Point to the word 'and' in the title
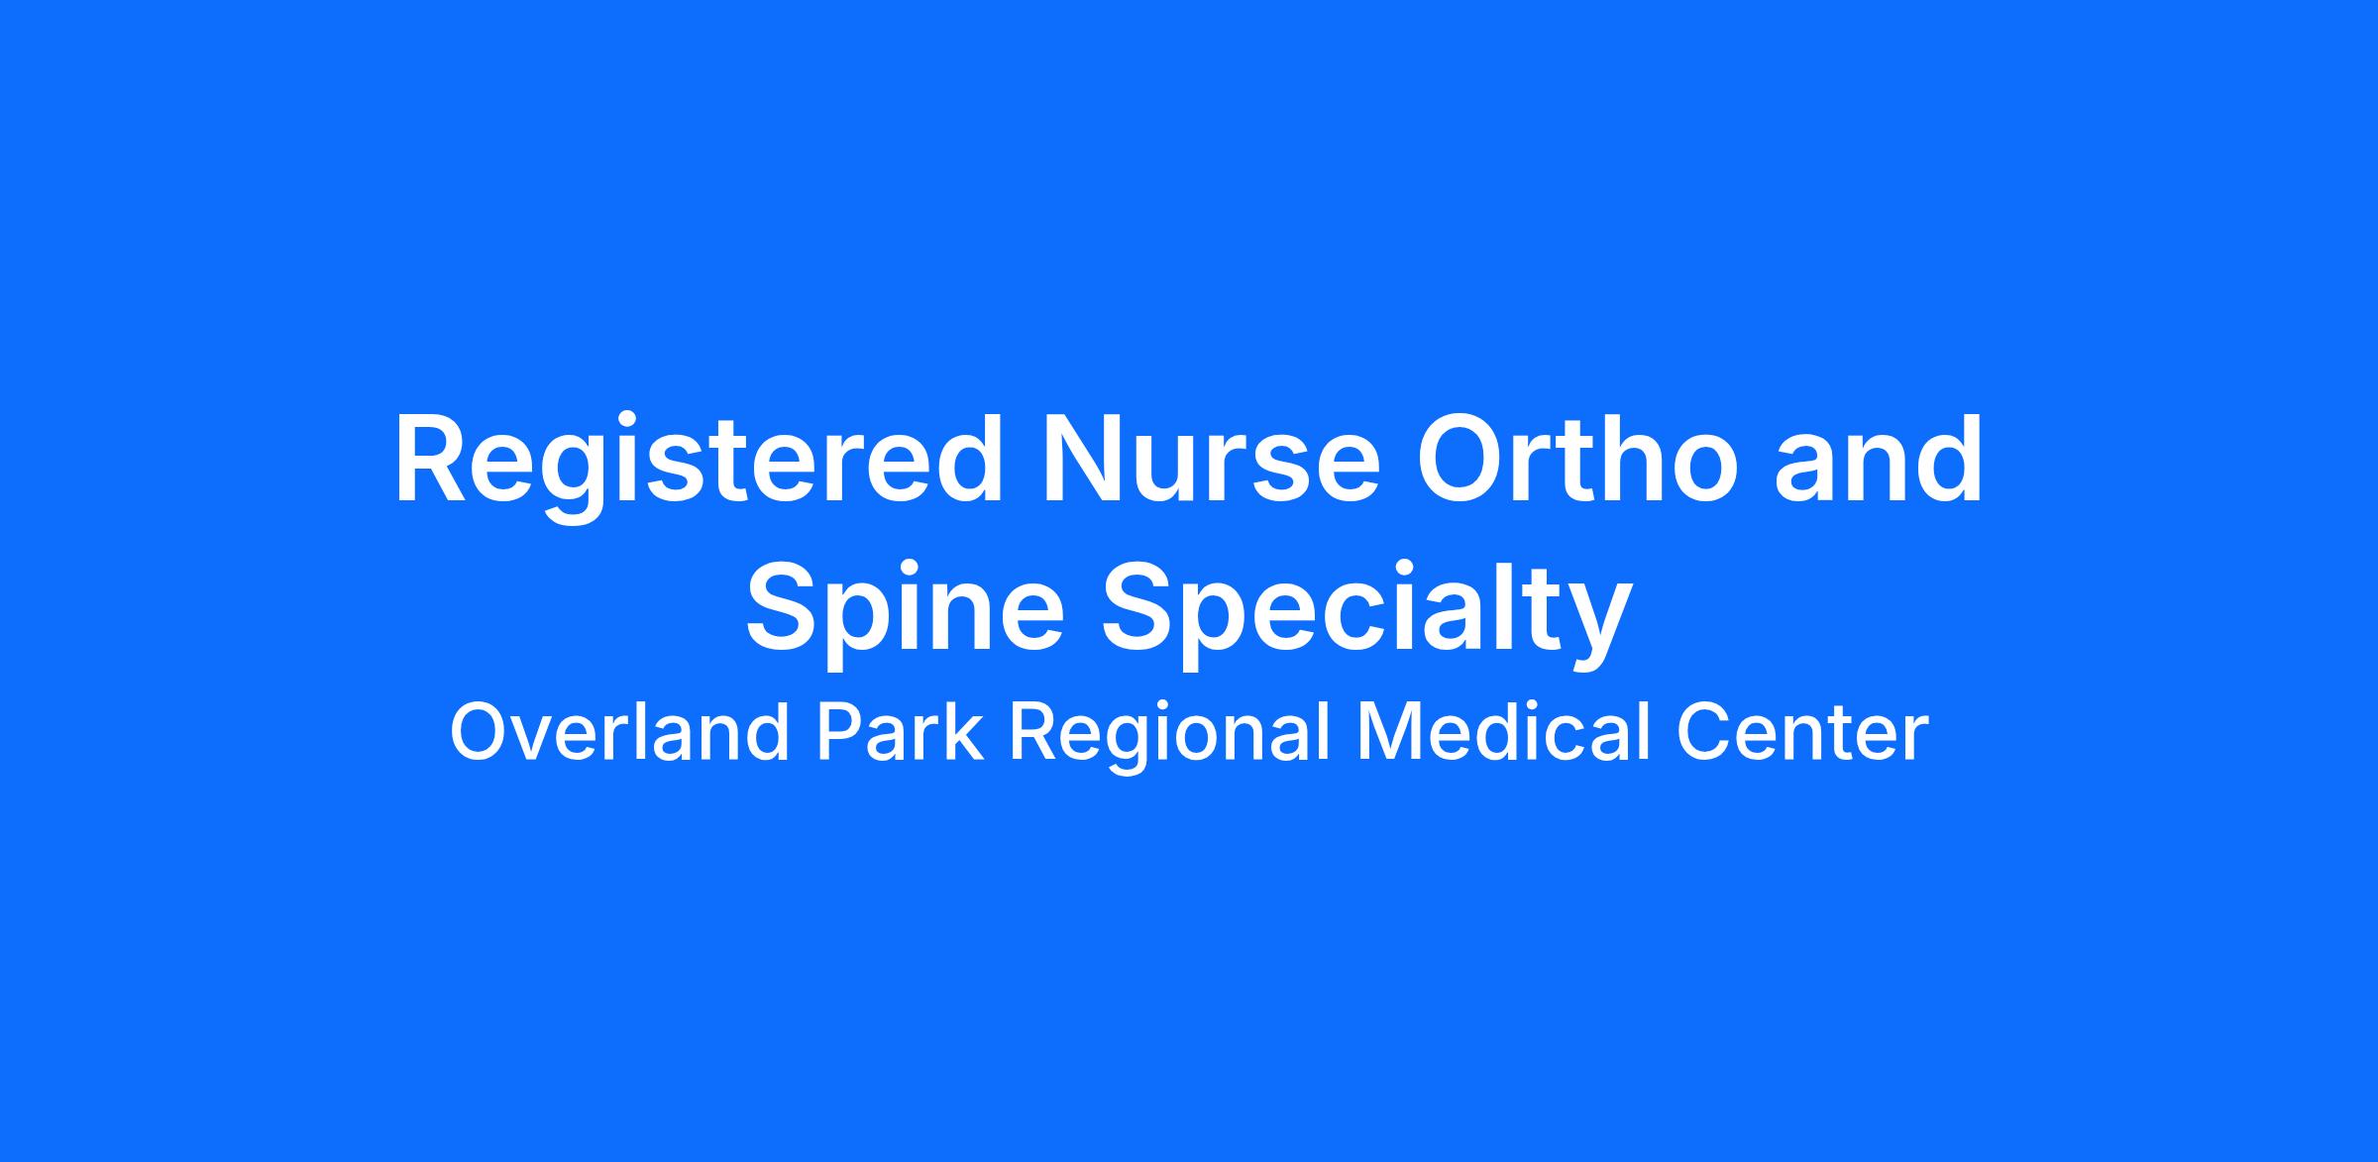(1879, 460)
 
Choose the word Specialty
(1367, 606)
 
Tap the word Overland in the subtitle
(621, 733)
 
